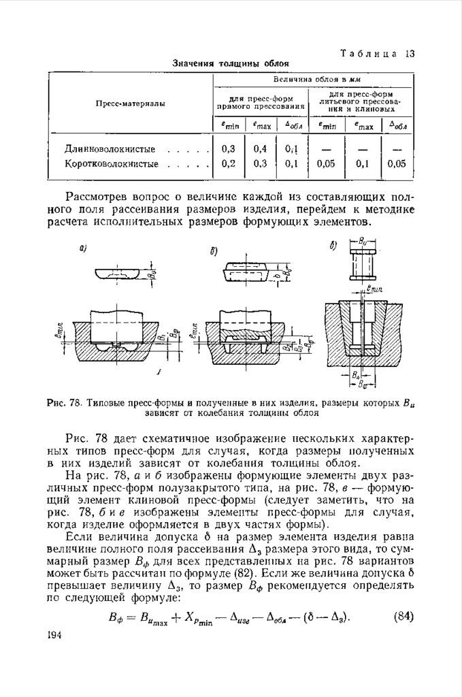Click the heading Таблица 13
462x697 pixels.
pos(378,53)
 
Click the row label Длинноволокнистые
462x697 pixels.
pos(110,148)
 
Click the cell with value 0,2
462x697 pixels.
pos(229,163)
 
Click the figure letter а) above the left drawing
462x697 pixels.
pos(83,249)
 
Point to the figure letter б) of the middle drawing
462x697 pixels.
pos(214,251)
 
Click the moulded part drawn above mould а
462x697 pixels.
pos(120,272)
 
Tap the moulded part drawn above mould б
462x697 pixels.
pos(246,271)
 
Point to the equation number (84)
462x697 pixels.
pos(404,617)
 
